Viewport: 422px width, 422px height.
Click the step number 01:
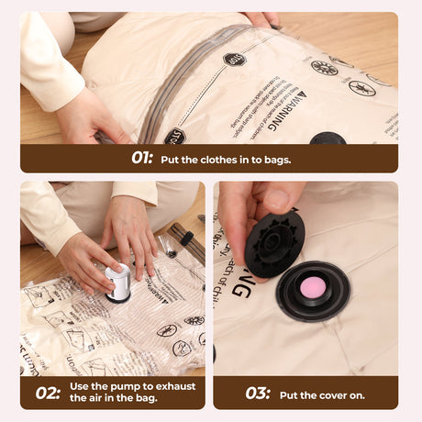141,158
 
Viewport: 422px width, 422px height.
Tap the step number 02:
47,393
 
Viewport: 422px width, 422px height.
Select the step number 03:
258,393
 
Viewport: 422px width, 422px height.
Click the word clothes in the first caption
218,159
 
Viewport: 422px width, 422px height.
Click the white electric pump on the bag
117,283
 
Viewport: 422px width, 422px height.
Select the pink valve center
313,289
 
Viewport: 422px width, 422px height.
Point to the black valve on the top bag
328,139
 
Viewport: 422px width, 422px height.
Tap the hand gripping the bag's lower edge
87,117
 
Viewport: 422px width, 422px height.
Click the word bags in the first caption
276,159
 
